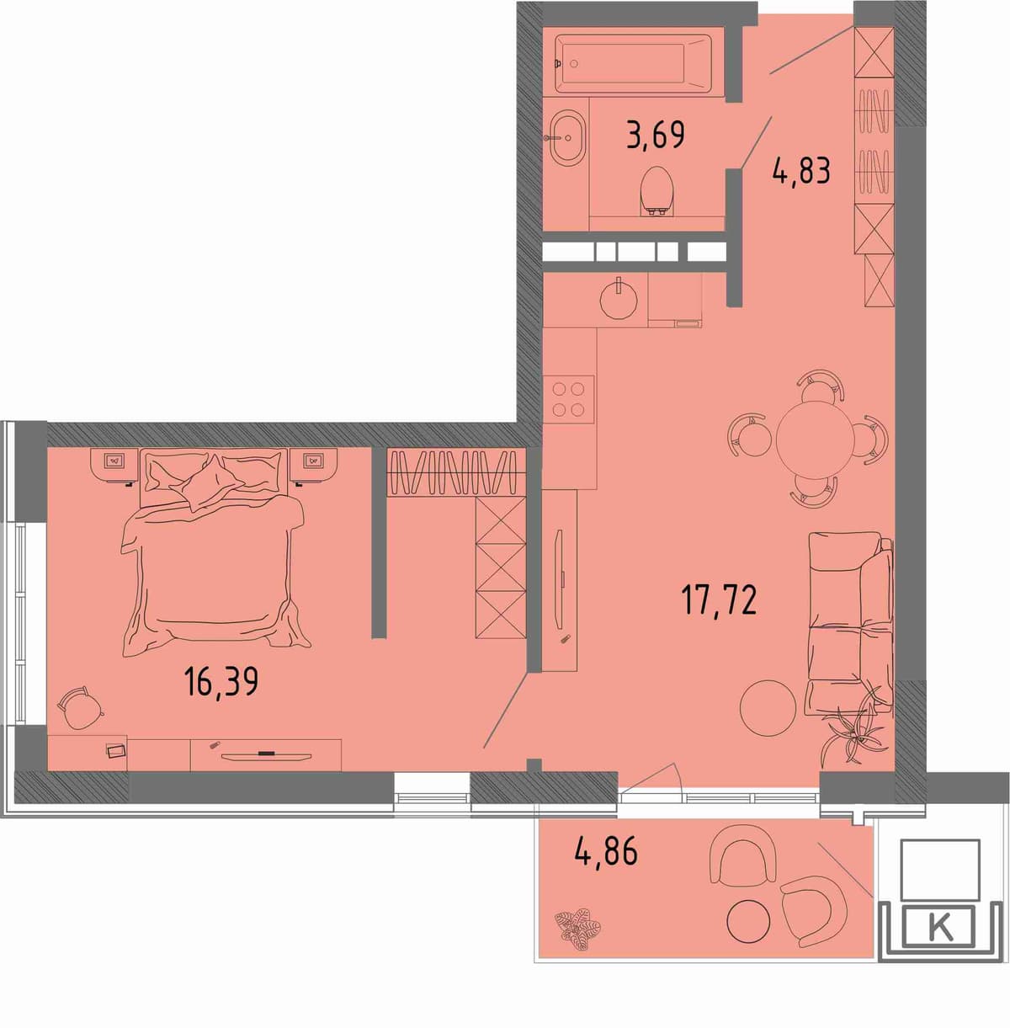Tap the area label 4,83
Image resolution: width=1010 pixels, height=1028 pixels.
tap(801, 172)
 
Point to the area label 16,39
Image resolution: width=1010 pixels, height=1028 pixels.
tap(221, 681)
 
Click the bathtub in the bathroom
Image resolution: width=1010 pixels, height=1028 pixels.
tap(633, 64)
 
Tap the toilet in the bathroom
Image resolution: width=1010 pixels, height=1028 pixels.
tap(656, 190)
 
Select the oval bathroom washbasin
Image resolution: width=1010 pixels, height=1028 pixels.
tap(566, 138)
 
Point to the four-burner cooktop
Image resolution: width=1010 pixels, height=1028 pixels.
tap(568, 399)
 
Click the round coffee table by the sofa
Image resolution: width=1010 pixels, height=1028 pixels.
tap(768, 708)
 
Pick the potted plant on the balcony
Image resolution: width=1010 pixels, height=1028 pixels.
tap(578, 930)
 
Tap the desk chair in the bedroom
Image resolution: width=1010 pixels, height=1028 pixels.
tap(81, 708)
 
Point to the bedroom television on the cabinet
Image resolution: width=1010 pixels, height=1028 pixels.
tap(266, 755)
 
